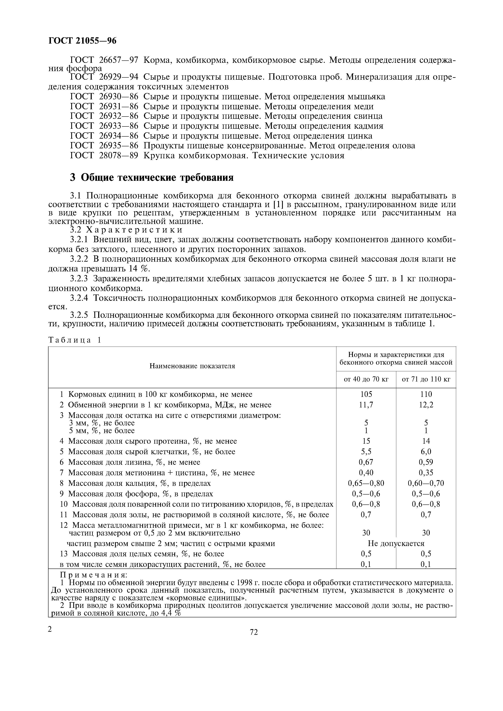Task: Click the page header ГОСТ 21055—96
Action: click(x=82, y=41)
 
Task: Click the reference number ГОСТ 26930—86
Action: click(x=104, y=97)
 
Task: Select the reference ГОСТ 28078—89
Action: click(x=104, y=155)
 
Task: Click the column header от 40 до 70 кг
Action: click(x=366, y=379)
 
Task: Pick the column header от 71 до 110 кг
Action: click(x=426, y=379)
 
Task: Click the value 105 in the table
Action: click(x=366, y=394)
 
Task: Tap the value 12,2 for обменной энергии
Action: click(x=426, y=405)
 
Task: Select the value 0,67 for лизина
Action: click(x=366, y=462)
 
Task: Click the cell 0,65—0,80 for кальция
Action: click(x=366, y=483)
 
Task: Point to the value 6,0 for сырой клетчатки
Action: click(x=426, y=452)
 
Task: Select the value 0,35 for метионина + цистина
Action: click(x=426, y=473)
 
